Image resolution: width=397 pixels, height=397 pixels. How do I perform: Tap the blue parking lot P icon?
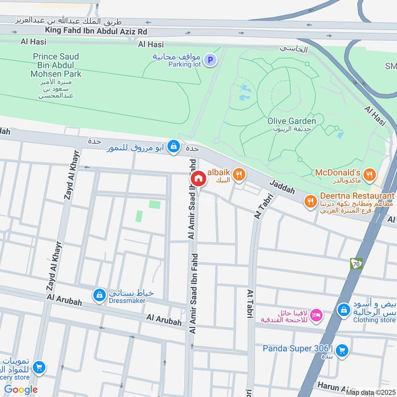(x=211, y=61)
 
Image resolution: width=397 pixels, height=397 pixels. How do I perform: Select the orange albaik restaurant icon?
(x=239, y=174)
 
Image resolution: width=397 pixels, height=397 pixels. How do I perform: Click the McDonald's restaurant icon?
(x=369, y=174)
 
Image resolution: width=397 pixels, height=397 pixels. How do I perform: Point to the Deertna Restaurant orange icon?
(x=311, y=200)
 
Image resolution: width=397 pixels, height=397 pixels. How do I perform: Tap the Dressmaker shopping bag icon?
(x=99, y=295)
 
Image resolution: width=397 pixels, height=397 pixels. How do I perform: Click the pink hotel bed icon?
(x=316, y=315)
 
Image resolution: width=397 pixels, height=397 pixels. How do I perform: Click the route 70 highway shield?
(x=356, y=264)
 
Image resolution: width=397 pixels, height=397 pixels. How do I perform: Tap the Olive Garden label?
(x=291, y=121)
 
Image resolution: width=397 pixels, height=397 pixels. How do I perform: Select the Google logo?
(x=21, y=390)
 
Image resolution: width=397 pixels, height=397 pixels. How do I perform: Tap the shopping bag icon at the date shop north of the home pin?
(x=173, y=146)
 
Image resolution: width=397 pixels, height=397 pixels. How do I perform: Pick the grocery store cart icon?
(x=38, y=368)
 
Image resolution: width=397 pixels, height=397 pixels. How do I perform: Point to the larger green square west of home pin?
(x=155, y=204)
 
